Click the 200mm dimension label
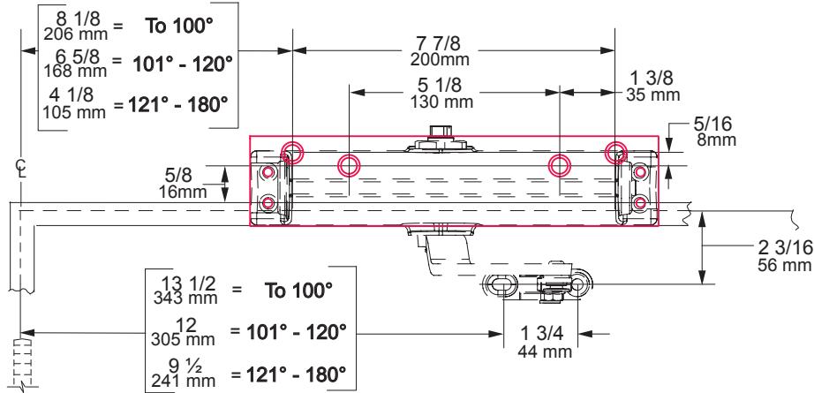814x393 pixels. point(440,59)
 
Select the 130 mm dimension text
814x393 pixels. point(441,102)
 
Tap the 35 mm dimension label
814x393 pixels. point(652,95)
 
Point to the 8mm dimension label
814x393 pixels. point(716,140)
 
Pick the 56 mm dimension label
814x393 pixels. point(784,265)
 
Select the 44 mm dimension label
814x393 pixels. point(545,351)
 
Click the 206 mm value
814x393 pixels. point(76,34)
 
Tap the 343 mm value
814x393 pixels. point(185,298)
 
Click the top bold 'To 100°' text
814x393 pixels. point(179,26)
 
